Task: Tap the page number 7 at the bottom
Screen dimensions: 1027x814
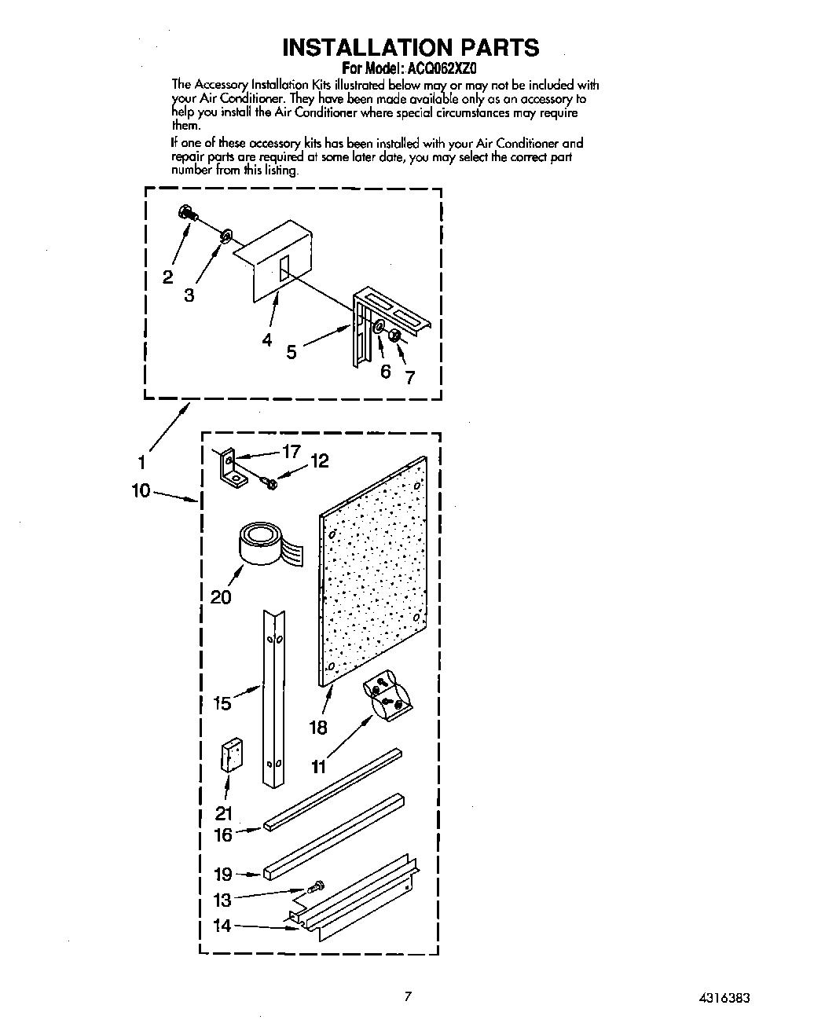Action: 407,997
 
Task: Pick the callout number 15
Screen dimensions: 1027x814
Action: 222,703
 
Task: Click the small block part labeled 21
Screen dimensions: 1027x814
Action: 230,755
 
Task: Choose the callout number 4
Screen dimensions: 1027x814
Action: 267,340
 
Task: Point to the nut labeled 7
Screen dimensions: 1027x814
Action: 396,336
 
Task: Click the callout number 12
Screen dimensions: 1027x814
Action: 319,461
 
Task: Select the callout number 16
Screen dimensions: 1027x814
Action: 223,834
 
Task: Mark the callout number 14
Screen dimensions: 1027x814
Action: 222,926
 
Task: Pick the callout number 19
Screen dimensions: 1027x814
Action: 223,875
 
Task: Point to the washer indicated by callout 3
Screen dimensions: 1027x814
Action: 226,235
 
